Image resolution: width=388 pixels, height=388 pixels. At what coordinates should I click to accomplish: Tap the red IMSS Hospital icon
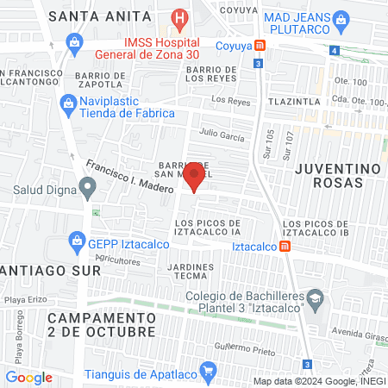coord(179,17)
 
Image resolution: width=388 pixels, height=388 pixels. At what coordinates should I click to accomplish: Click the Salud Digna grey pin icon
coord(87,186)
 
